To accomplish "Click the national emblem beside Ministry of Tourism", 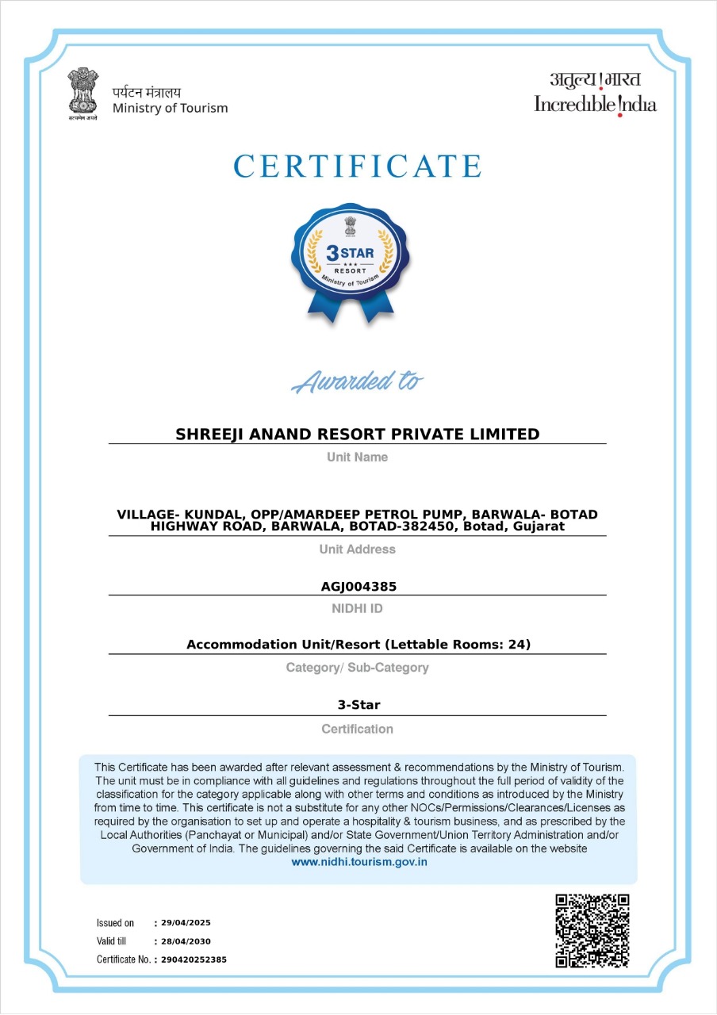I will [82, 94].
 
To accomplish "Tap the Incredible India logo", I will [595, 94].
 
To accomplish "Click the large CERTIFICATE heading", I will [358, 167].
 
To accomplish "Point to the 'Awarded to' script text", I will [357, 381].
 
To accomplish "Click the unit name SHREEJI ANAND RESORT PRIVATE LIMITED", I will [357, 434].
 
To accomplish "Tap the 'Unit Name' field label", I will [357, 457].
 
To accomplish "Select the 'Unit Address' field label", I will [357, 549].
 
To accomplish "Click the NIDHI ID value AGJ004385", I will [358, 587].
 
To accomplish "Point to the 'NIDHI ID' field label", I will [357, 608].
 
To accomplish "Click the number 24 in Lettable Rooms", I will [518, 645].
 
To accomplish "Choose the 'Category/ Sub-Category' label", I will [357, 668].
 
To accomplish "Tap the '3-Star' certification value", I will [358, 704].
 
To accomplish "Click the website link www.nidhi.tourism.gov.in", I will [359, 862].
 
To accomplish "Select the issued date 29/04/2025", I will [186, 923].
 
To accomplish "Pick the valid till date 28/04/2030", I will [186, 941].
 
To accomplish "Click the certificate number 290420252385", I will [194, 959].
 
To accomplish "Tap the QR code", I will [592, 931].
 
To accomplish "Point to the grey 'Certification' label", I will [357, 729].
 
